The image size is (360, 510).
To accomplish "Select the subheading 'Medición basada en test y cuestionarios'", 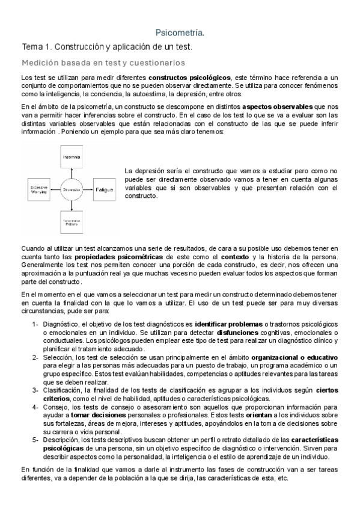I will (103, 62).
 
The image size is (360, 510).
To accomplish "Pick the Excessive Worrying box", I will (40, 190).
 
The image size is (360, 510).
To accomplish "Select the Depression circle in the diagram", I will (72, 190).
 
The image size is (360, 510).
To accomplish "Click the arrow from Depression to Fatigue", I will (90, 190).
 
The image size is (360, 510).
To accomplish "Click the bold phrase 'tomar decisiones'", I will (98, 415).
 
